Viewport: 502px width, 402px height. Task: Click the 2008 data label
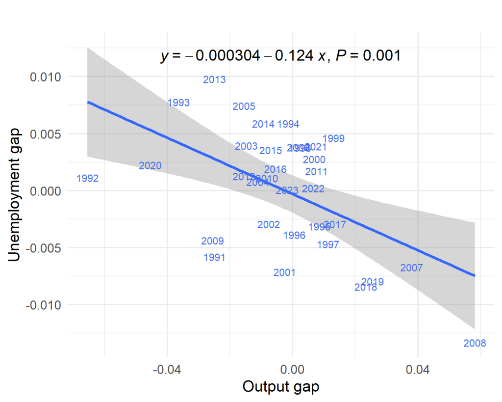(475, 343)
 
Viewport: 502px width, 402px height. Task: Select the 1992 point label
(88, 179)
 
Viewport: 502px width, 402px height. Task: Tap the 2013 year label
(214, 80)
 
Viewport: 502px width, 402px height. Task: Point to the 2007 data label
(411, 268)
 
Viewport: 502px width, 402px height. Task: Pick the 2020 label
(150, 166)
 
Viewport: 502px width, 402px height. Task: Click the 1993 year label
(178, 103)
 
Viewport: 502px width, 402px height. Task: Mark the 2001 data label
(284, 272)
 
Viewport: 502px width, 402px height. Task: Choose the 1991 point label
(214, 257)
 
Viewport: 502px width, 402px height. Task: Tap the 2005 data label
(244, 107)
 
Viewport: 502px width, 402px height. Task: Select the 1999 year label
(333, 139)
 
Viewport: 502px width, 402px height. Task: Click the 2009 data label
(212, 241)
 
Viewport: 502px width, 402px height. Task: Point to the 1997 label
(328, 244)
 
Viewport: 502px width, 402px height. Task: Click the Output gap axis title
(281, 387)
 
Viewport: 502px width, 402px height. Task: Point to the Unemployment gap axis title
(16, 195)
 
